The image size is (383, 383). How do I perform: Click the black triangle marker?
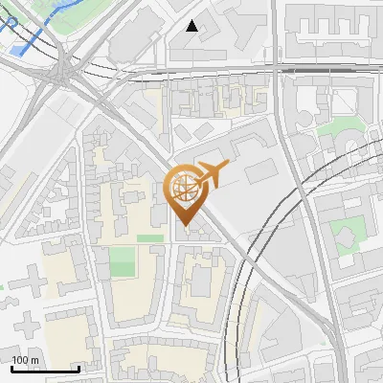(x=192, y=26)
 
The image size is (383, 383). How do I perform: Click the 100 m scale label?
(x=25, y=360)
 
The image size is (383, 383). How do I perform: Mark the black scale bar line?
(x=45, y=369)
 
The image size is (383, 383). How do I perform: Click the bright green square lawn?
(x=122, y=261)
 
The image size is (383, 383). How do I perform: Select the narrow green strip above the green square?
(x=148, y=237)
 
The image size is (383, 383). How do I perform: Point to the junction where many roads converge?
(x=64, y=72)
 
